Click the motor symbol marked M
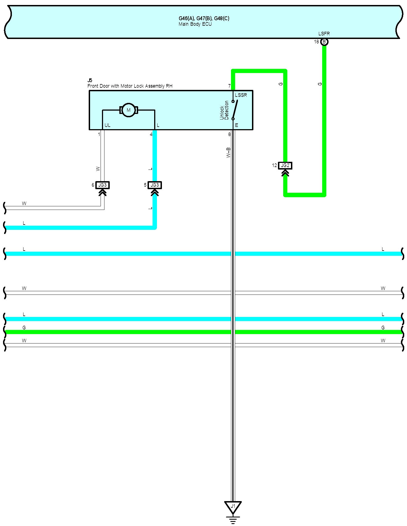128,110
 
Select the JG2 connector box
285,166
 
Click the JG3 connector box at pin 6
103,185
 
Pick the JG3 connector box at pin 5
155,185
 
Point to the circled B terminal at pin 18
324,42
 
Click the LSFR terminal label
324,34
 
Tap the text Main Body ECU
195,24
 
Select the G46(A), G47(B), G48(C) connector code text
204,19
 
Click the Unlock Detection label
224,110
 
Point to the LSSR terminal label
241,95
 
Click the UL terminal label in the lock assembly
107,125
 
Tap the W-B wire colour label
229,153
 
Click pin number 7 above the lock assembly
229,86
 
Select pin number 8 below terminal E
229,135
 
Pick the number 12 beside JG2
274,165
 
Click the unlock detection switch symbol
235,110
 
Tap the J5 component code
90,80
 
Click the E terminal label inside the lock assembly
237,125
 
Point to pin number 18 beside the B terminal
316,42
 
